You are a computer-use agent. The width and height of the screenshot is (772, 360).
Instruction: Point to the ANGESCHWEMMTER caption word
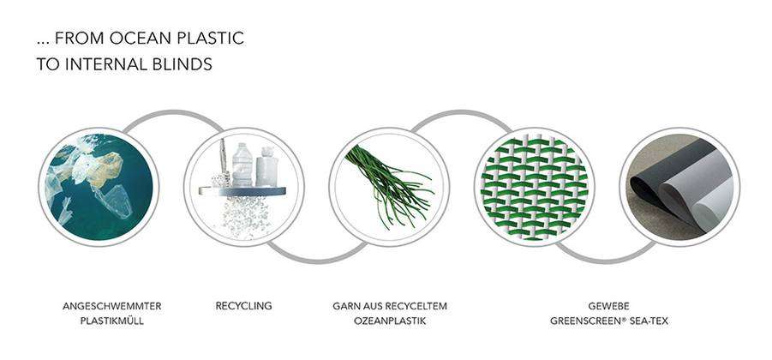(x=111, y=306)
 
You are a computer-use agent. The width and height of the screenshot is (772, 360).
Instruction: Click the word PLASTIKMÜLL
(x=111, y=321)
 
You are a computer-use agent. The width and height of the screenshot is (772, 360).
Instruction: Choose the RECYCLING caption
(x=243, y=306)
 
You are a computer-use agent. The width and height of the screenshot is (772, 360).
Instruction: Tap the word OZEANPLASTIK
(x=390, y=321)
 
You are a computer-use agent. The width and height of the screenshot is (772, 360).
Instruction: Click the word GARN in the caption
(x=344, y=306)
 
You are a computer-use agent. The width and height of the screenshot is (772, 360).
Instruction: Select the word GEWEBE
(x=608, y=306)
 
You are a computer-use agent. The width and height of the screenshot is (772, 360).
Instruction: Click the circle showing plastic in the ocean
(x=99, y=187)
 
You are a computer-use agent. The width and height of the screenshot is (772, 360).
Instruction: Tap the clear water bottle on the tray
(x=242, y=165)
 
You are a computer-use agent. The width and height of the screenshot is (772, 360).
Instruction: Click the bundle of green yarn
(x=389, y=184)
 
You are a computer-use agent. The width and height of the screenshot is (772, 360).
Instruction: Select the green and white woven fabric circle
(x=534, y=187)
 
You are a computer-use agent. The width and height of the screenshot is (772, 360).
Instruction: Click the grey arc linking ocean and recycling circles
(x=172, y=113)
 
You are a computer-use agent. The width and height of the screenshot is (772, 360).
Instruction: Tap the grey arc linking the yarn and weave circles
(x=461, y=113)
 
